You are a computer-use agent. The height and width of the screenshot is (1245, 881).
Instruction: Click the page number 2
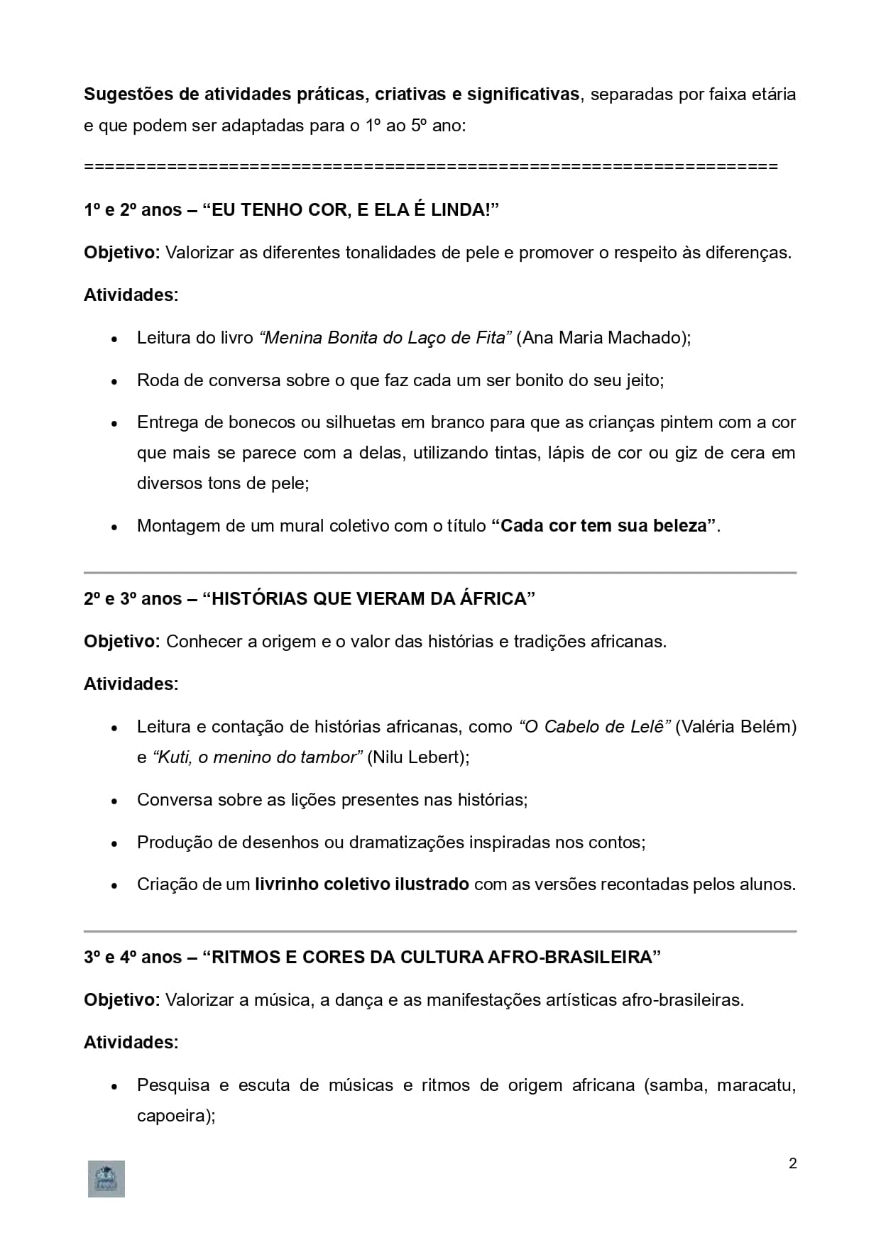click(792, 1163)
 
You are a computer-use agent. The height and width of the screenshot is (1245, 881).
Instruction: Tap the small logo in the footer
click(106, 1179)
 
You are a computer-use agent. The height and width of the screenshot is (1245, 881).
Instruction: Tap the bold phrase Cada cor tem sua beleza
click(603, 526)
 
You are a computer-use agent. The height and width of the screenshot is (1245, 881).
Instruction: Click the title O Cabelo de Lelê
click(595, 727)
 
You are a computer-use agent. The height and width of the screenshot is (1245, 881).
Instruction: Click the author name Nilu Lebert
click(415, 757)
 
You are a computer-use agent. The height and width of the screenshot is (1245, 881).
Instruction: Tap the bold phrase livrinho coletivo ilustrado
click(362, 884)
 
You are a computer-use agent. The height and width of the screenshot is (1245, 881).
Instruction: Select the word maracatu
click(755, 1085)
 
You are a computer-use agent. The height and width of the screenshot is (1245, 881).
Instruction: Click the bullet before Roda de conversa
click(114, 382)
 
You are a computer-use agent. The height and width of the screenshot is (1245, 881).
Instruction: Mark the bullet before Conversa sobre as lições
click(114, 801)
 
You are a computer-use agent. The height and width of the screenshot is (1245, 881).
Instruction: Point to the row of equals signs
click(431, 167)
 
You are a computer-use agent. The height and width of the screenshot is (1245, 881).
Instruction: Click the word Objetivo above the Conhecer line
click(121, 642)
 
